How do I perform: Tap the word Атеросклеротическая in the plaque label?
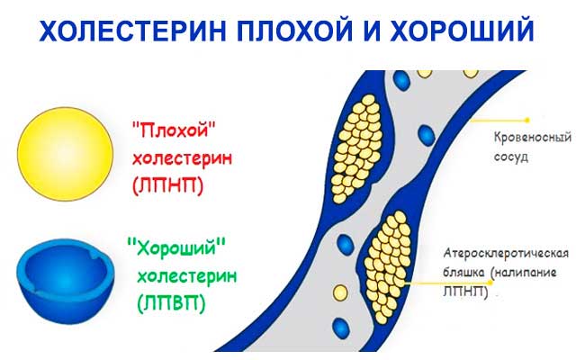[508, 256]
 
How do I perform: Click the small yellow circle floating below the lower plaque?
[339, 292]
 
